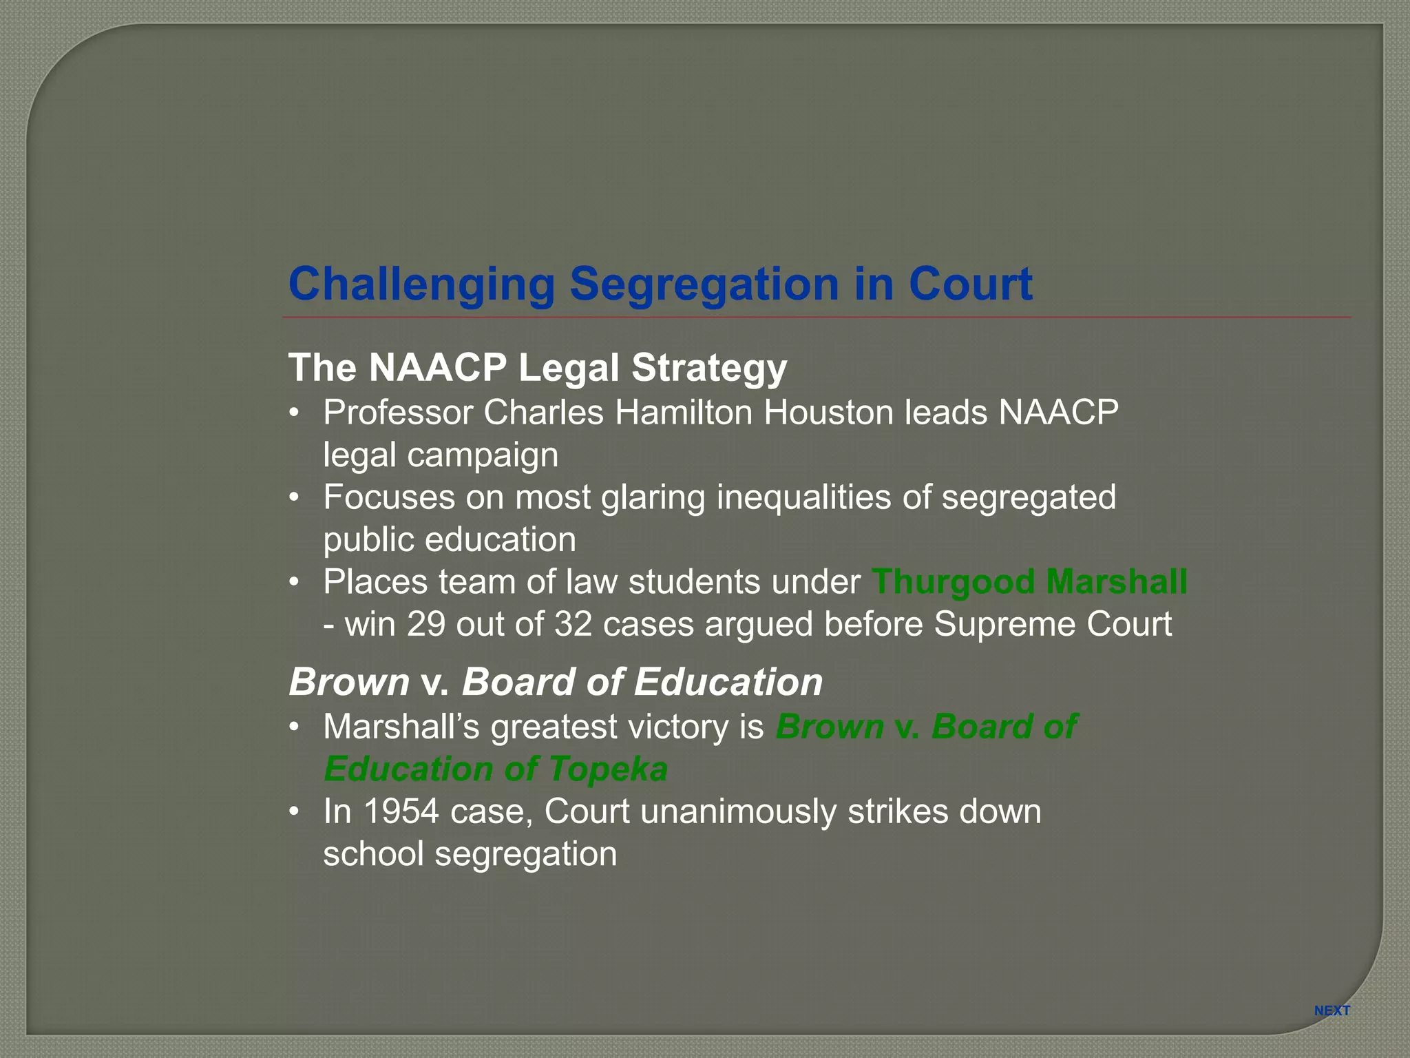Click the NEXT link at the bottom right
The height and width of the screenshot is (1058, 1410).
tap(1332, 1010)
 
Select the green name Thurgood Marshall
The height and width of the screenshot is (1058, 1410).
tap(1029, 581)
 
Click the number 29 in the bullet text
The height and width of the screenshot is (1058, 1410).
tap(426, 624)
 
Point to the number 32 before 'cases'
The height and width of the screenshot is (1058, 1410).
tap(574, 624)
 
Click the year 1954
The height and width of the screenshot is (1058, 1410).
tap(401, 811)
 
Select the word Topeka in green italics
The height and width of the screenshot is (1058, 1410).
tap(608, 769)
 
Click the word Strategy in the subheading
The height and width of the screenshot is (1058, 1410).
tap(709, 368)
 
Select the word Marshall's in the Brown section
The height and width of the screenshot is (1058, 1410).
tap(401, 727)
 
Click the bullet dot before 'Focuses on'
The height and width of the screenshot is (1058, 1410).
tap(295, 497)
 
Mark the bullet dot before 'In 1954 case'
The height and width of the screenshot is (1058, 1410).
tap(295, 811)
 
